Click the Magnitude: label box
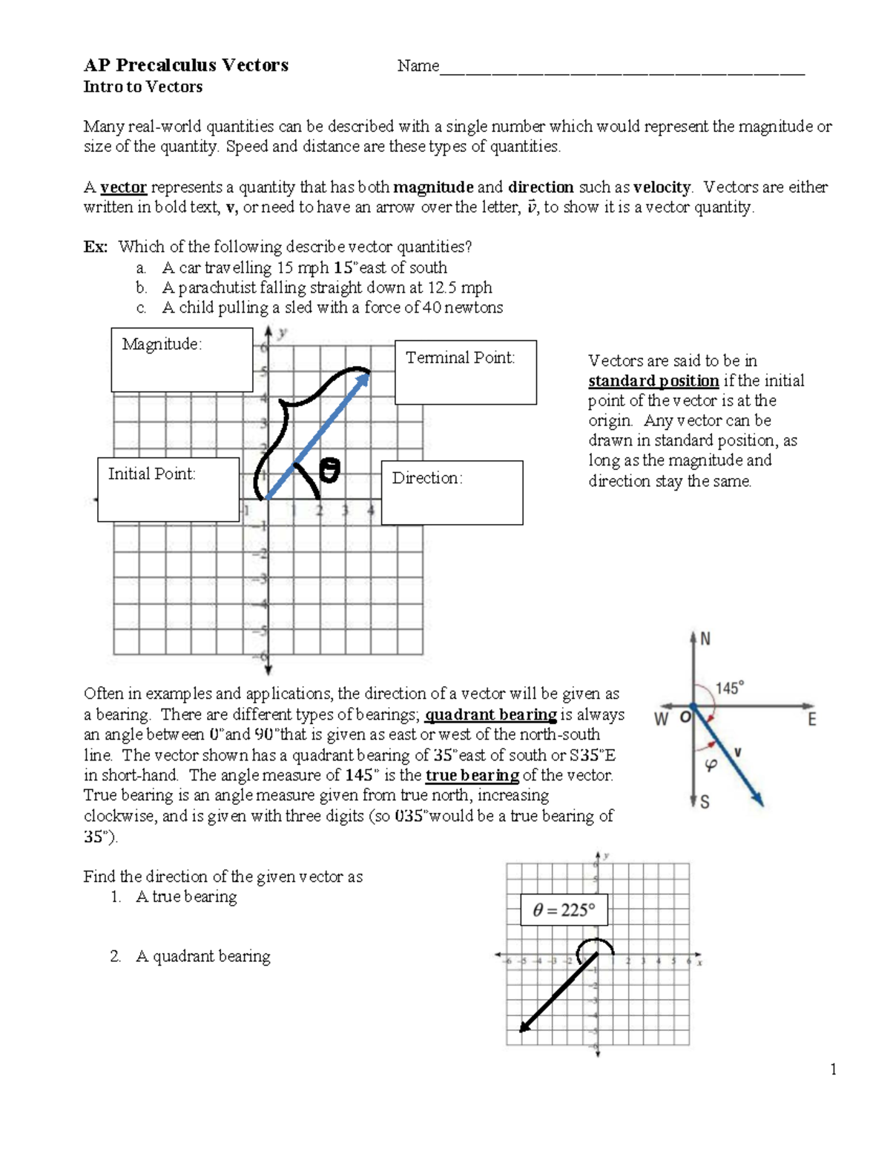point(182,360)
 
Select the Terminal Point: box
point(465,372)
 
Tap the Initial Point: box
point(168,489)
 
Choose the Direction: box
point(452,493)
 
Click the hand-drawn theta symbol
point(329,471)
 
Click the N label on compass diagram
point(705,639)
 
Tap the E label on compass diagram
point(811,719)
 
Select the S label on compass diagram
point(705,802)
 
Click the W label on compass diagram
point(661,719)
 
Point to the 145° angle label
point(729,688)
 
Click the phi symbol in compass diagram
point(711,765)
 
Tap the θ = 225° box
point(564,910)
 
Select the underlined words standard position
point(653,381)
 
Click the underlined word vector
point(123,188)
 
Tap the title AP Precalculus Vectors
point(186,65)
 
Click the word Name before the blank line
point(418,66)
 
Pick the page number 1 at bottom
point(834,1069)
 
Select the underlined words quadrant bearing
point(490,715)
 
